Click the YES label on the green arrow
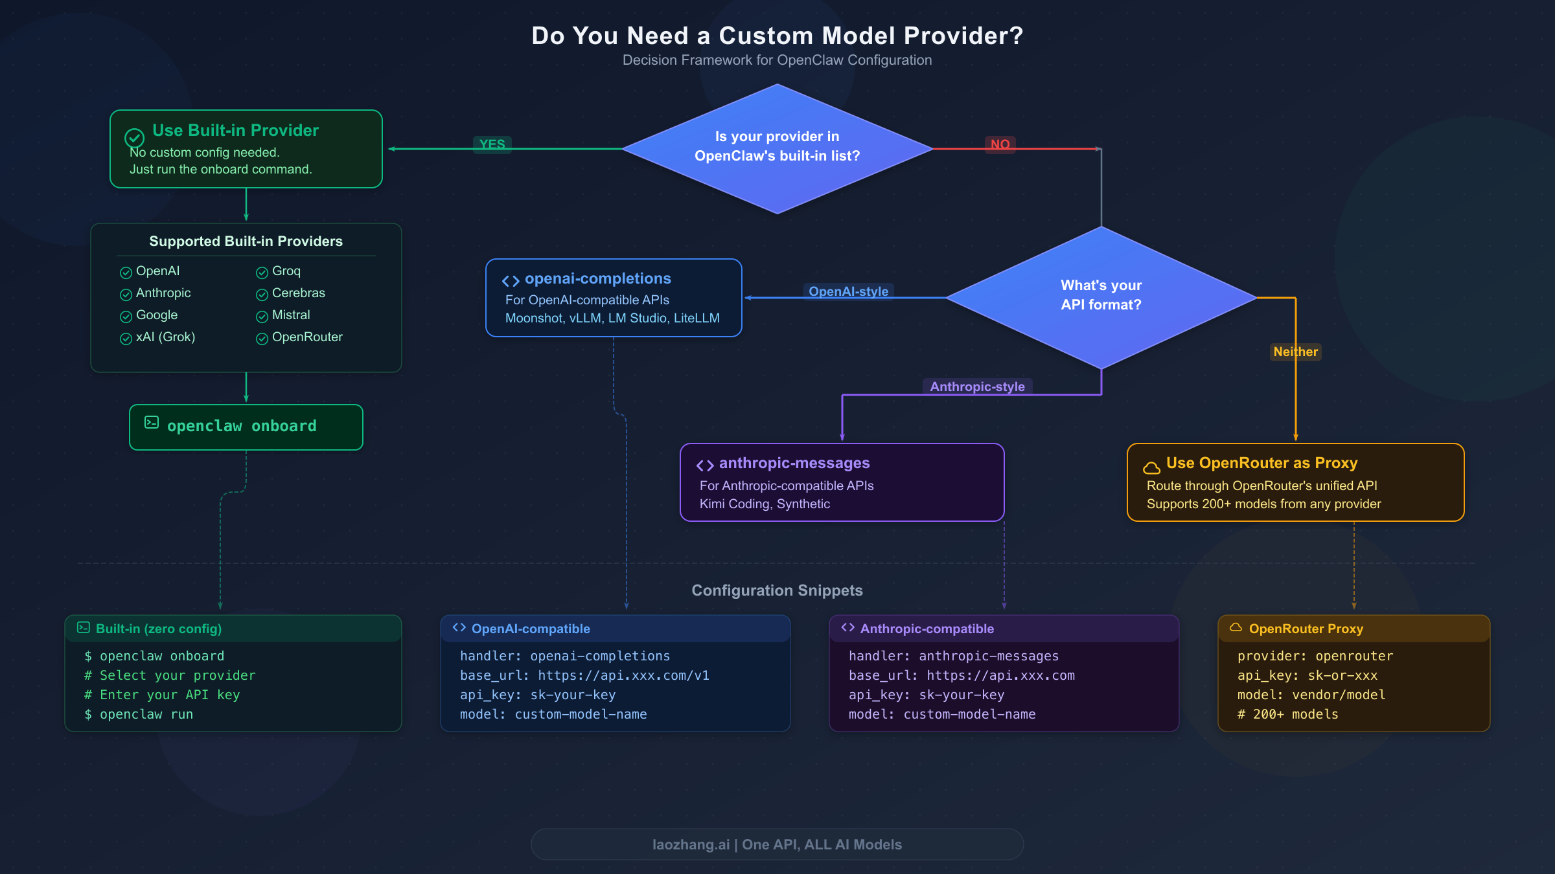coord(492,144)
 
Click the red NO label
coord(1000,144)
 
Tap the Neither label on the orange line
coord(1295,352)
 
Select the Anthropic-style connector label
coord(977,387)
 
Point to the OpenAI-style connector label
coord(848,291)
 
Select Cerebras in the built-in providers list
coord(298,293)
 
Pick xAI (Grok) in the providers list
coord(165,337)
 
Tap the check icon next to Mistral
coord(262,316)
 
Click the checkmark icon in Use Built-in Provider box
coord(134,137)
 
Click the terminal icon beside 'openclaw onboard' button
coord(152,422)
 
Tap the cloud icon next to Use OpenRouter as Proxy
coord(1151,467)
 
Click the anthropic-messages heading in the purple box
coord(794,463)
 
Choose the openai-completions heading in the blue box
coord(597,278)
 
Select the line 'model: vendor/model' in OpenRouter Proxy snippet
coord(1311,695)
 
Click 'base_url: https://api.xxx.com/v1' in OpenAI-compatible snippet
coord(584,675)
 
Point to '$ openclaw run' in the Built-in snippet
coord(139,714)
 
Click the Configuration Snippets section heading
coord(777,590)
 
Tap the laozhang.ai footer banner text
coord(777,844)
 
